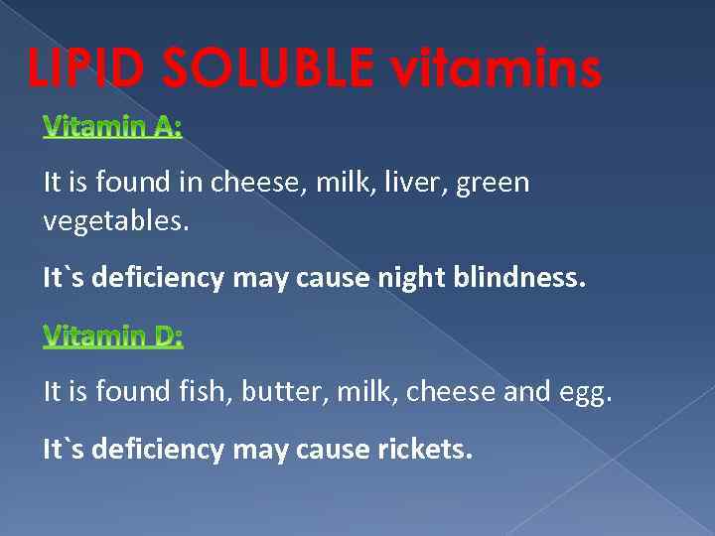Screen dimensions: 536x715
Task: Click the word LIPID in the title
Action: [83, 69]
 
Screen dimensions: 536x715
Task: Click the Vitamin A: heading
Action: [112, 128]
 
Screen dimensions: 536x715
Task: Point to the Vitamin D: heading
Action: [112, 338]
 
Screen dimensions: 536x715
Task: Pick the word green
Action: [493, 183]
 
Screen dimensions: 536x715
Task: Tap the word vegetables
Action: [115, 222]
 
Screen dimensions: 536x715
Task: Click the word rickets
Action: [424, 450]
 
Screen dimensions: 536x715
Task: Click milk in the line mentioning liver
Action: [342, 183]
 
